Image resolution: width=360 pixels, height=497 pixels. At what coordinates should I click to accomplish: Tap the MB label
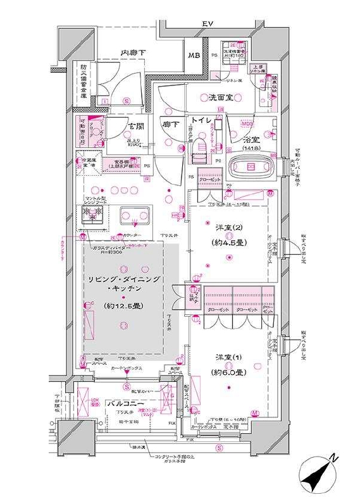pyautogui.click(x=194, y=56)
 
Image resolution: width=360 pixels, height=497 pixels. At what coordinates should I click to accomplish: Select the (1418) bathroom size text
pyautogui.click(x=249, y=148)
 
